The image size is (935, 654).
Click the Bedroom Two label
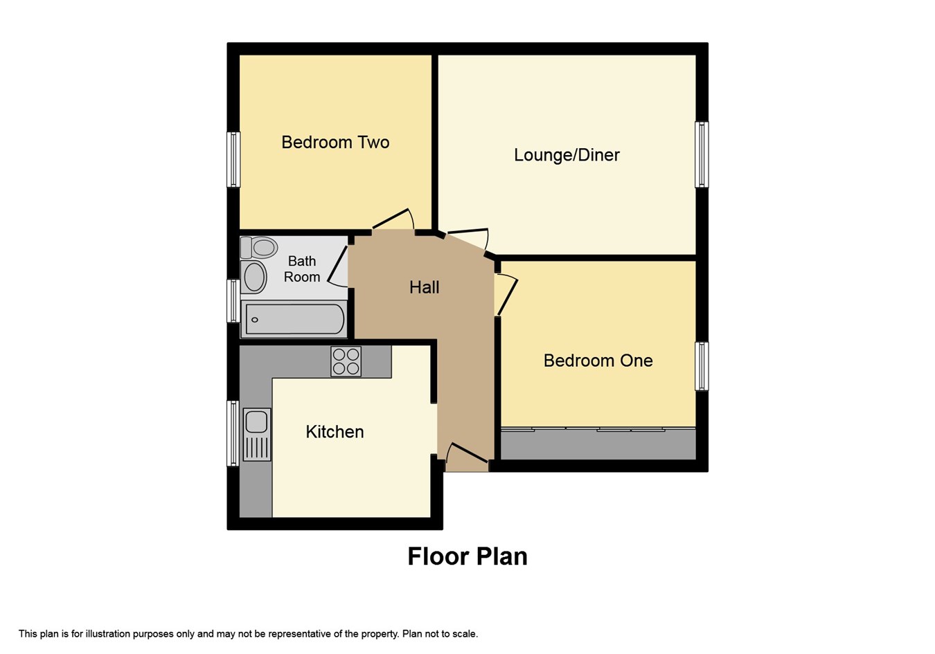pos(335,143)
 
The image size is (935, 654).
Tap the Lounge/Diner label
pos(567,155)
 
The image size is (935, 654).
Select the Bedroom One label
pos(598,361)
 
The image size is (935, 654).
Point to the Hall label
pos(424,287)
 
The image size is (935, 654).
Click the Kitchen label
pos(335,432)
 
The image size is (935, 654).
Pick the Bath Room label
pos(302,269)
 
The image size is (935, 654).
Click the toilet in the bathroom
pos(259,247)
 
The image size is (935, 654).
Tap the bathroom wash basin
pos(254,277)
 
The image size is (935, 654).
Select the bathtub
pos(294,319)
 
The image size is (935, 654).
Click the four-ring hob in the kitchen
pos(346,362)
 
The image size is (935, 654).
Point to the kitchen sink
pos(257,434)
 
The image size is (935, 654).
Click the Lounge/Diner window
pos(702,155)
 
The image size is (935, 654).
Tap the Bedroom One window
pos(702,366)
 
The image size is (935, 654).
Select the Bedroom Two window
pos(233,160)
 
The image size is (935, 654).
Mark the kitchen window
pos(233,433)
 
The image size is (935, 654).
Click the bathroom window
pos(233,301)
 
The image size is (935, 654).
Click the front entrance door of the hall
pos(467,453)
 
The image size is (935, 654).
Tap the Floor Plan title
pos(467,556)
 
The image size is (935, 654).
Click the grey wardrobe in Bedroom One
pos(598,444)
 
